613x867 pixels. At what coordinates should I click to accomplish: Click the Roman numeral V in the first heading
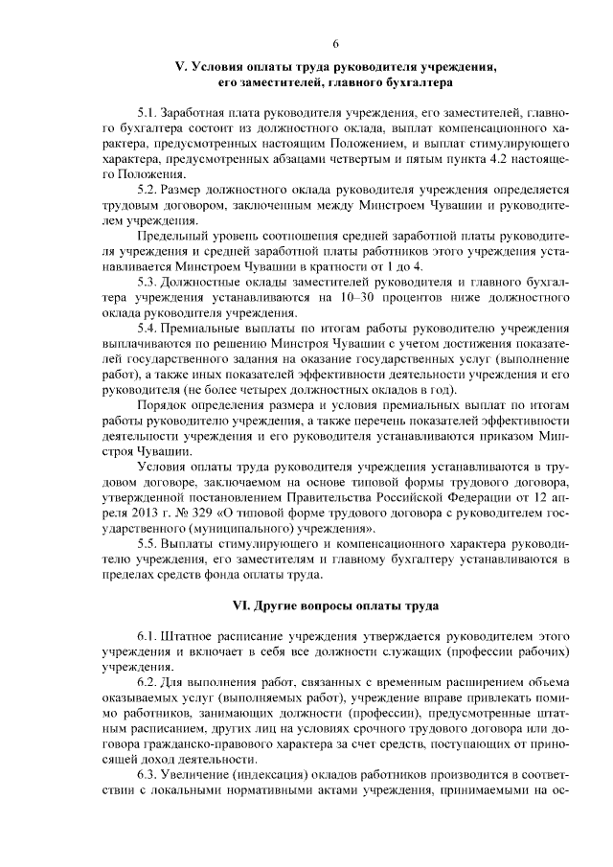pos(176,68)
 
